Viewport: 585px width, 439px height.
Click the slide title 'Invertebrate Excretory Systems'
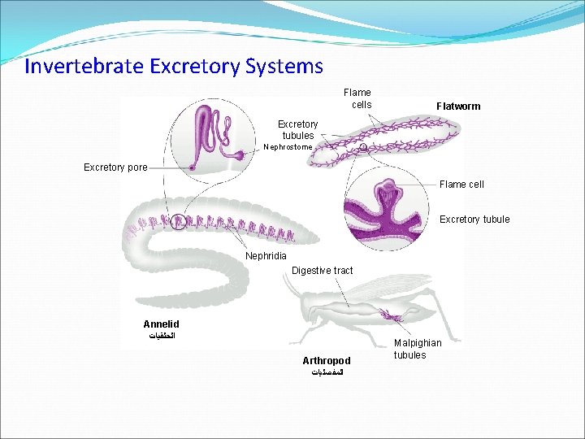click(173, 66)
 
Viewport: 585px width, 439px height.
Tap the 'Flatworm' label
click(458, 106)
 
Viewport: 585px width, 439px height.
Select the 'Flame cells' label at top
click(357, 98)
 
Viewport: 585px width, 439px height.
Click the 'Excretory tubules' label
click(298, 129)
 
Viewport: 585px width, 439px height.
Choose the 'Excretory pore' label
click(115, 167)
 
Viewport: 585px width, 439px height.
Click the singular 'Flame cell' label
click(461, 185)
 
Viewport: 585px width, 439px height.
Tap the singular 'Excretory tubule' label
click(474, 219)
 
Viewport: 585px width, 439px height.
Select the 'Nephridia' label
click(266, 256)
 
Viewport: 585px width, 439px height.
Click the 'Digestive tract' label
click(323, 271)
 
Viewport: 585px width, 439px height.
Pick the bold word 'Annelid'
click(161, 324)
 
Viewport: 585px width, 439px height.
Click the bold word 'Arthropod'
click(327, 360)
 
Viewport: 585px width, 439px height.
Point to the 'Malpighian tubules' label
click(418, 349)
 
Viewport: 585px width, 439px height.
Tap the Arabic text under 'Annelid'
click(162, 336)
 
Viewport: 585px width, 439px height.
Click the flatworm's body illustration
click(382, 141)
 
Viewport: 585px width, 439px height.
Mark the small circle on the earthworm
click(178, 220)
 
